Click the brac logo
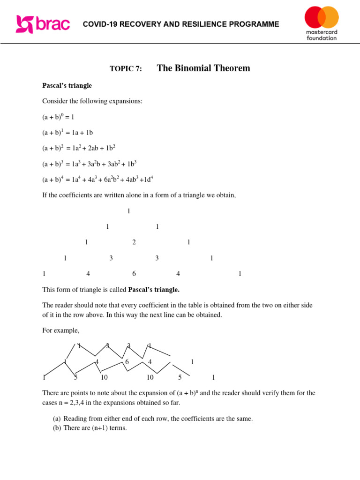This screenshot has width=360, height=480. (43, 24)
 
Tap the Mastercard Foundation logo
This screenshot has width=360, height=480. (322, 23)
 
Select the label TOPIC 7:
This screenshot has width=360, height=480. (126, 69)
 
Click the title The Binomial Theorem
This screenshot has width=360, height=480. (203, 68)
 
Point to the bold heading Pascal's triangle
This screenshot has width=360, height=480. (67, 86)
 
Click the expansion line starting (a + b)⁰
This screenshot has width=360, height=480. (58, 117)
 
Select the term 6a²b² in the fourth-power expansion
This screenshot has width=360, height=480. (111, 180)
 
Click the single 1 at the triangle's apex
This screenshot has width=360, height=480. (129, 211)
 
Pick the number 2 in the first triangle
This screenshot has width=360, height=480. (134, 242)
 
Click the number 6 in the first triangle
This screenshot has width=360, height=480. (134, 274)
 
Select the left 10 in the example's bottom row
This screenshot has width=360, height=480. (104, 377)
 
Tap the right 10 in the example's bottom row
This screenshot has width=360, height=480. (150, 377)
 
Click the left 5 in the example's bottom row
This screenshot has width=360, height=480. (75, 377)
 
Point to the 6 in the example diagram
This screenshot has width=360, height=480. (127, 362)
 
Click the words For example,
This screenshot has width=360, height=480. (61, 330)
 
